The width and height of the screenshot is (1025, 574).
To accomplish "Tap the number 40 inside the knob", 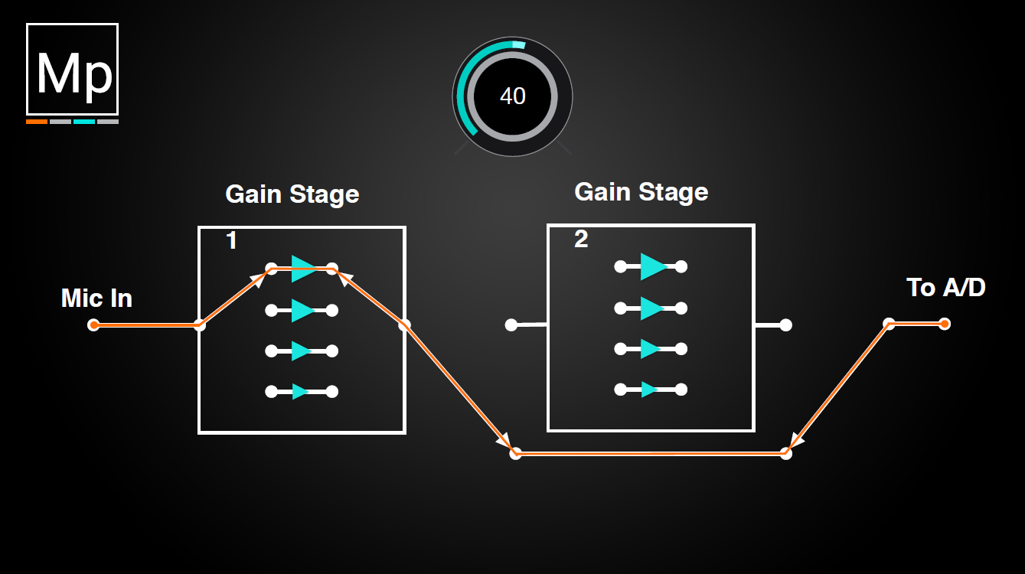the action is point(513,96).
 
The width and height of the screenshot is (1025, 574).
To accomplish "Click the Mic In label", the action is point(96,298).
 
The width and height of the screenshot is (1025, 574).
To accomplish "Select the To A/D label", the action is point(946,288).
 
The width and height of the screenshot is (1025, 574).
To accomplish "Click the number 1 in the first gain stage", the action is point(231,240).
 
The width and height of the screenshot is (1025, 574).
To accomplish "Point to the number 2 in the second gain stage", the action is point(581,239).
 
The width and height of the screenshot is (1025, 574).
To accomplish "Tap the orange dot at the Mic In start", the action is point(94,325).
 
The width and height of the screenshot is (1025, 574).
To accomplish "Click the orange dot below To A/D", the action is point(945,324).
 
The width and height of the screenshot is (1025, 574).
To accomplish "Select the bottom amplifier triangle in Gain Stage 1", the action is point(300,392).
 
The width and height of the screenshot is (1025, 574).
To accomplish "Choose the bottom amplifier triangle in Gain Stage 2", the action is point(649,390).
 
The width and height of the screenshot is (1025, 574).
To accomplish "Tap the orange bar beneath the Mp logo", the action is point(37,122).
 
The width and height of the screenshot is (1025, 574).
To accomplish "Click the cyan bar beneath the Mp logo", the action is point(84,122).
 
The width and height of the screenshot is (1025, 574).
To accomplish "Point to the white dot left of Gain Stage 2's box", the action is point(511,325).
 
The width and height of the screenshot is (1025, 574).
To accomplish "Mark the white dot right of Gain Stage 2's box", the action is point(785,325).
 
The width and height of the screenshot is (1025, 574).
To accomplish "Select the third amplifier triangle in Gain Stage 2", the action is point(650,349).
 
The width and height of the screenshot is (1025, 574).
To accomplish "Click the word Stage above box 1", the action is point(325,195).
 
